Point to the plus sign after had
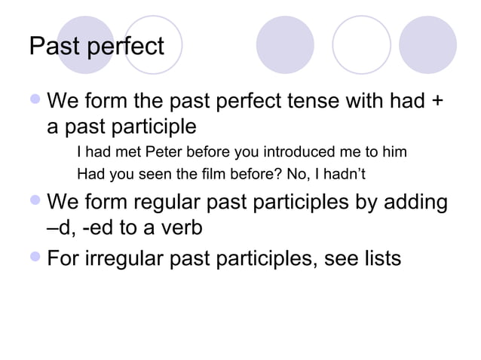tap(436, 101)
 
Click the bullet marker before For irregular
tap(35, 258)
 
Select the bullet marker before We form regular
tap(35, 203)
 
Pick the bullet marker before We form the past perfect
tap(35, 99)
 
